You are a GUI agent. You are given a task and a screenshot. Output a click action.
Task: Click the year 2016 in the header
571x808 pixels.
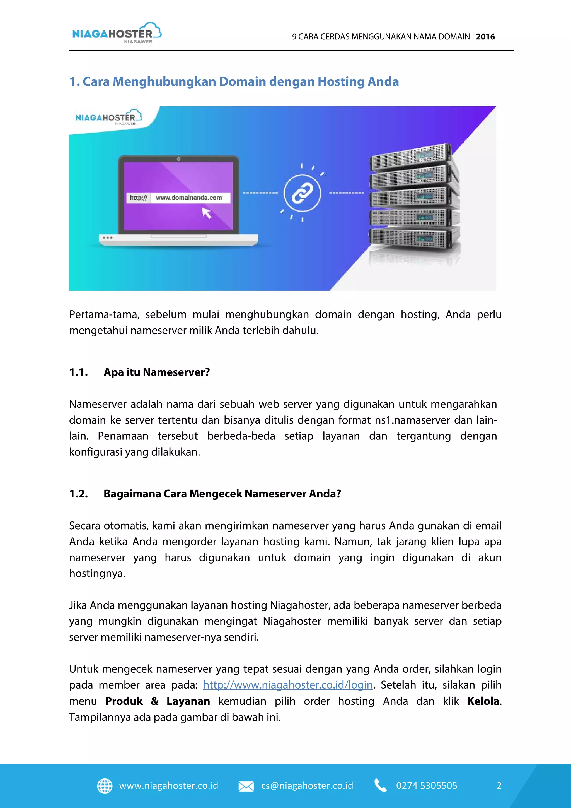tap(485, 37)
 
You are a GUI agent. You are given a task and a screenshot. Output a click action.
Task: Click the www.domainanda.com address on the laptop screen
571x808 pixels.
tap(189, 198)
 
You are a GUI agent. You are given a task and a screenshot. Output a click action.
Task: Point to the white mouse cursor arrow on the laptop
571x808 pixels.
tap(206, 213)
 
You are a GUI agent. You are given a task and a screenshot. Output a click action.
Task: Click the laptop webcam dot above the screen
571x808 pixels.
tap(179, 159)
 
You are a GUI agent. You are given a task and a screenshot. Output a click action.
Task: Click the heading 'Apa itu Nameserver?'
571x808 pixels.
tap(156, 372)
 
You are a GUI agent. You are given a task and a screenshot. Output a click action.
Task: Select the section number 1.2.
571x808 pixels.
tap(78, 494)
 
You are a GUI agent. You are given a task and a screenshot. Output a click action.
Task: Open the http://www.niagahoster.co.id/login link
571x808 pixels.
tap(288, 685)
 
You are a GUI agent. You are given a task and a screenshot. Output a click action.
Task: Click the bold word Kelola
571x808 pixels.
tap(483, 701)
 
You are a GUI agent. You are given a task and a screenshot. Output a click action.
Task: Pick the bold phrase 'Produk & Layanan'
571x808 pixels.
tap(158, 701)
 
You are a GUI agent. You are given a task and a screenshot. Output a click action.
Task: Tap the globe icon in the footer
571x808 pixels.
tap(105, 786)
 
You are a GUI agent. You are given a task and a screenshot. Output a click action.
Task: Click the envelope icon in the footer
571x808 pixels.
tap(246, 786)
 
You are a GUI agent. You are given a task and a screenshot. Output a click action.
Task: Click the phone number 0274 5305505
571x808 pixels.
tap(427, 786)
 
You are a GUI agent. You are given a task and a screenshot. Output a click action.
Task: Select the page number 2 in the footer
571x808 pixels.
tap(499, 786)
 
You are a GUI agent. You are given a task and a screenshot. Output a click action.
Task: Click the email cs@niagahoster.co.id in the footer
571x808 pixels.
tap(307, 786)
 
